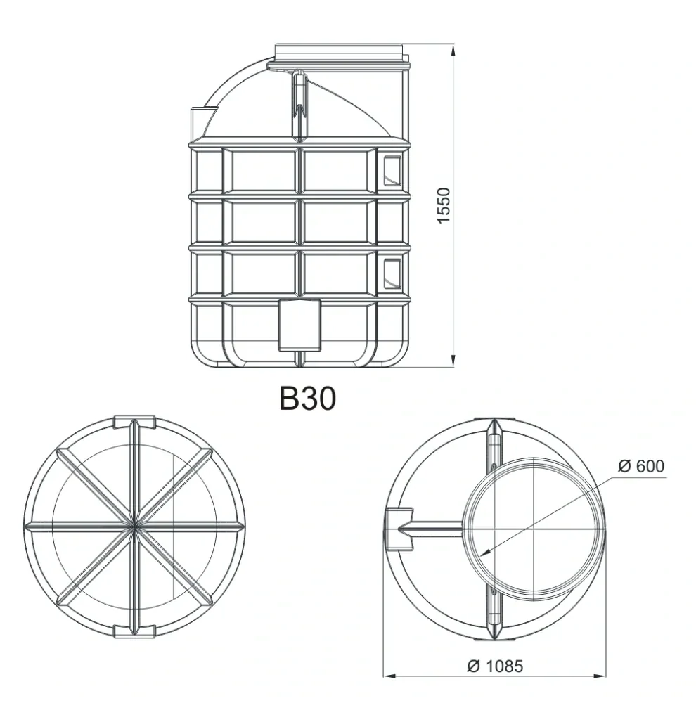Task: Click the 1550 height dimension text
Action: tap(442, 206)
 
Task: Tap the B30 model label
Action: tap(308, 399)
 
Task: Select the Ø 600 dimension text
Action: tap(640, 466)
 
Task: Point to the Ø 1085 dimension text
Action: tap(494, 665)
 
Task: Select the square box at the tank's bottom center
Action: tap(300, 325)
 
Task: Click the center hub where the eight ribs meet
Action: tap(134, 525)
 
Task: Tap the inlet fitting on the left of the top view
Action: tap(399, 527)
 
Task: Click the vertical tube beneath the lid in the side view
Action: tap(300, 105)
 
